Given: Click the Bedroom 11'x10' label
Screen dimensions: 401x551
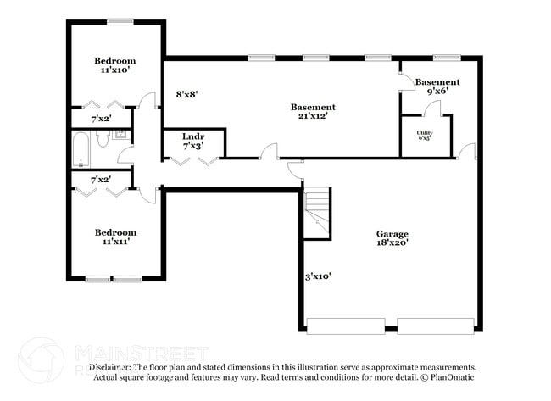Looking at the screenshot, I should [x=114, y=66].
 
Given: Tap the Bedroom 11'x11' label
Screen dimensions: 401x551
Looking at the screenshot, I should [x=114, y=237].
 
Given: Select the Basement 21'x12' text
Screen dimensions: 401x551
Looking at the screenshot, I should [x=313, y=112].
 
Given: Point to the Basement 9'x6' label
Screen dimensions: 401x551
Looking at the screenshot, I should [x=437, y=87].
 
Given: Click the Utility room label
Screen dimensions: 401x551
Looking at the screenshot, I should [x=425, y=136].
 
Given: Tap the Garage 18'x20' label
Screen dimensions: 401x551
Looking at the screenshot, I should [x=392, y=238].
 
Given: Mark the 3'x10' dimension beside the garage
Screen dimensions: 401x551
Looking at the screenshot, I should [x=317, y=276].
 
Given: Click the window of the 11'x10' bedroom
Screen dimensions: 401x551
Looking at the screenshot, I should [x=120, y=22].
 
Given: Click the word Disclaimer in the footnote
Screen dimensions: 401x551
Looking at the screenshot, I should [x=111, y=367].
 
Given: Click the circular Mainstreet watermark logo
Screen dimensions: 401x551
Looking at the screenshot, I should [x=41, y=359].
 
